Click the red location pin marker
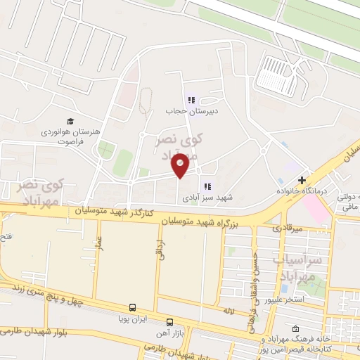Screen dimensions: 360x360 [181, 165]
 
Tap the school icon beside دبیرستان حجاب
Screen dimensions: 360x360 [191, 100]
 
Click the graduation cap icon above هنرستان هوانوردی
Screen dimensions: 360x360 [70, 121]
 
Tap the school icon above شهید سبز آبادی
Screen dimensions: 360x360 [207, 186]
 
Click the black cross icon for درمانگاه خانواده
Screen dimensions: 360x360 [303, 180]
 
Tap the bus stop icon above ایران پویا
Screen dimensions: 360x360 [132, 307]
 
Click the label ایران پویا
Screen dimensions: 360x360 [132, 319]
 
